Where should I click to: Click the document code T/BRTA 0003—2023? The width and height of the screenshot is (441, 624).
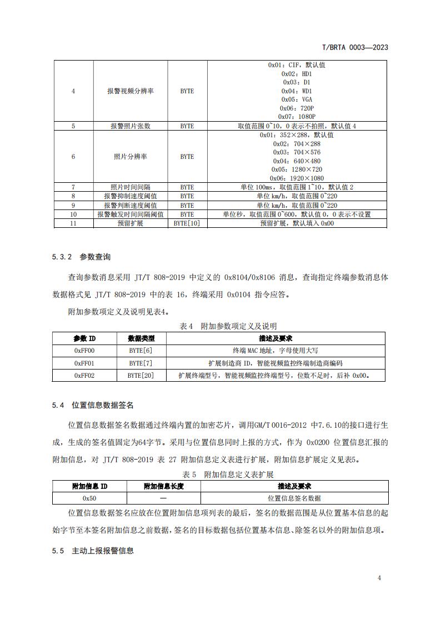pyautogui.click(x=355, y=48)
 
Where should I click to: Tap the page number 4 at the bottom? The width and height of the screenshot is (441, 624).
pyautogui.click(x=379, y=578)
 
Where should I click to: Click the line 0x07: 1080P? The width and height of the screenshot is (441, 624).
pyautogui.click(x=297, y=117)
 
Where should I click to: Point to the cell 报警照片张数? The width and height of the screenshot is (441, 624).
pyautogui.click(x=131, y=126)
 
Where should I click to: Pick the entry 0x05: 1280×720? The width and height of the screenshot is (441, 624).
pyautogui.click(x=297, y=169)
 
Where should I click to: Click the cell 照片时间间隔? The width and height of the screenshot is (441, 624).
pyautogui.click(x=131, y=187)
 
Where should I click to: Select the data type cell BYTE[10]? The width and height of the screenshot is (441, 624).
pyautogui.click(x=187, y=223)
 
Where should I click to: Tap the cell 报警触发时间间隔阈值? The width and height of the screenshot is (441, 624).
pyautogui.click(x=131, y=214)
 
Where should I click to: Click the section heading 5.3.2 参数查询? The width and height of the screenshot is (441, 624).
pyautogui.click(x=81, y=257)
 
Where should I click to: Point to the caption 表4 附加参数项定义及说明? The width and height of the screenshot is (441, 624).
pyautogui.click(x=228, y=326)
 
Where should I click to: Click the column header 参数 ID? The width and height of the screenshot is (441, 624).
pyautogui.click(x=84, y=338)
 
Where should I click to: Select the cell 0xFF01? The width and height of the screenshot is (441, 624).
pyautogui.click(x=84, y=363)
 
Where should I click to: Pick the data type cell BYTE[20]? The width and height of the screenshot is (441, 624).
pyautogui.click(x=141, y=376)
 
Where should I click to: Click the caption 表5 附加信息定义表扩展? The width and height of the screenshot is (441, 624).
pyautogui.click(x=228, y=474)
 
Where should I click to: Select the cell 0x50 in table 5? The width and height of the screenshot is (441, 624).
pyautogui.click(x=89, y=498)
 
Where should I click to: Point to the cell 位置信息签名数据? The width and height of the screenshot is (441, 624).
pyautogui.click(x=294, y=498)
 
